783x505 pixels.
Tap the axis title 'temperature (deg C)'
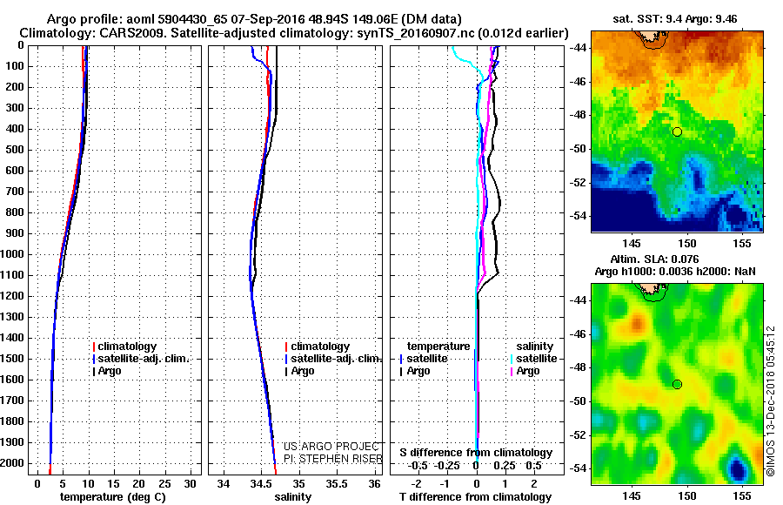(x=113, y=497)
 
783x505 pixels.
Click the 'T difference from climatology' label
(x=475, y=497)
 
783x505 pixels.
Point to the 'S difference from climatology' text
(x=475, y=453)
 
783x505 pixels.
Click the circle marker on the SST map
(x=677, y=131)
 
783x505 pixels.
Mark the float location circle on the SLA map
(x=677, y=384)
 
